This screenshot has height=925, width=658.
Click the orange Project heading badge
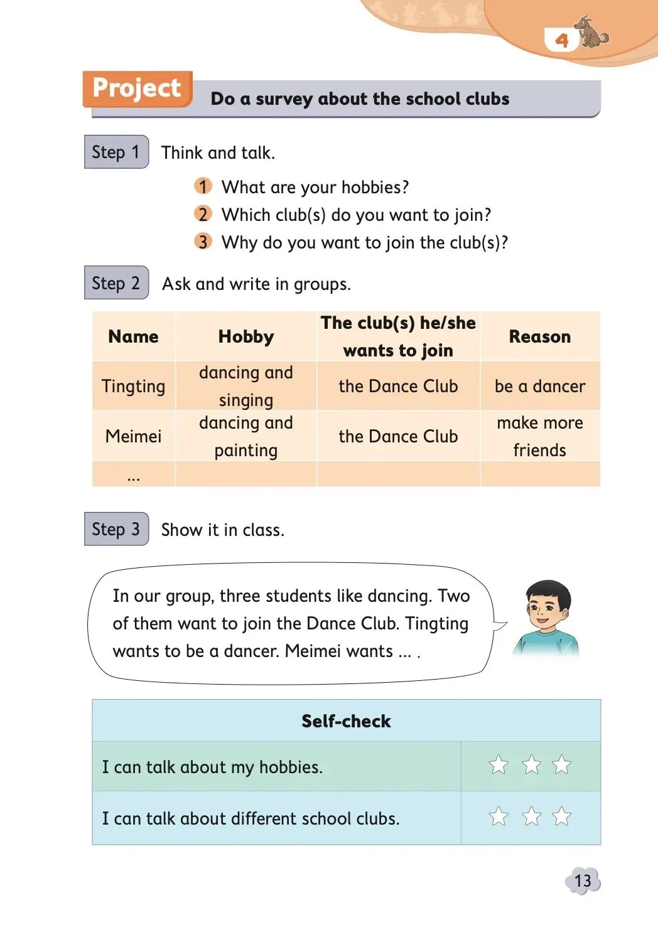(137, 88)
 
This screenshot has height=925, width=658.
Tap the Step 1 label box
(116, 152)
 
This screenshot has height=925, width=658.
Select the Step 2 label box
(116, 283)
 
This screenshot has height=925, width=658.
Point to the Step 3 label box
(116, 529)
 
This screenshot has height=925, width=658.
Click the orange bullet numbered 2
(202, 215)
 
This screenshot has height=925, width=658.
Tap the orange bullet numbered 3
(202, 242)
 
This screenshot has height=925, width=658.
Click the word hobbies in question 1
(373, 187)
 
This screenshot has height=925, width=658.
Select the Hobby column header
(245, 336)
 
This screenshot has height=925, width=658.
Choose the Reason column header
(539, 336)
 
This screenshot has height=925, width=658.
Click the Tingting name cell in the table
(133, 386)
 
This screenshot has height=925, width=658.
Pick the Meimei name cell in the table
(133, 436)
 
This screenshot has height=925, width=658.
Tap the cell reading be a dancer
(539, 386)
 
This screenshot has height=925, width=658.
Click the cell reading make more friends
(539, 436)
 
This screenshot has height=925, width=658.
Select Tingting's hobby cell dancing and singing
(245, 386)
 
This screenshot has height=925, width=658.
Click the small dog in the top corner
(591, 33)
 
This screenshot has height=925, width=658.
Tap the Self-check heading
(346, 721)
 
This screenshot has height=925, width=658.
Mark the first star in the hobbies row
(499, 765)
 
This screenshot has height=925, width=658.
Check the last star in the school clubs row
(561, 816)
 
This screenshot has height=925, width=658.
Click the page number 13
(583, 881)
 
